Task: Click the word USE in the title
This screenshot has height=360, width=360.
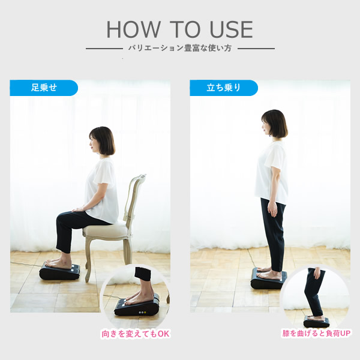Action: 232,29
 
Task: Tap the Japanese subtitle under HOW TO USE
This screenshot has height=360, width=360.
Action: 180,48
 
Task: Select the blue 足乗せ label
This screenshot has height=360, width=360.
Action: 44,88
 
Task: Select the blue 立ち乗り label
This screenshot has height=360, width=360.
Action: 224,88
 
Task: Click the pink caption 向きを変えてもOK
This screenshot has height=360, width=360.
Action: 136,334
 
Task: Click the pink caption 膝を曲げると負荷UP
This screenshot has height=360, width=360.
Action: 316,333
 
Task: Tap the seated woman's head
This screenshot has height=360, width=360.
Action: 102,140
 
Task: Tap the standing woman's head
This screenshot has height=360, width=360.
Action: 275,124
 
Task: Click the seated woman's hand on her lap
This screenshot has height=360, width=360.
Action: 77,209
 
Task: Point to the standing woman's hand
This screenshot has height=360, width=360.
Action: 272,209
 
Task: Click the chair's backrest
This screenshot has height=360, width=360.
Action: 135,197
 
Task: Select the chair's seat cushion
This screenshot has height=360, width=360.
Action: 106,230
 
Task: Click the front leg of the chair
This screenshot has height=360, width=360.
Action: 88,259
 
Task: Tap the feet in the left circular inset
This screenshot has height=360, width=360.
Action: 139,298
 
